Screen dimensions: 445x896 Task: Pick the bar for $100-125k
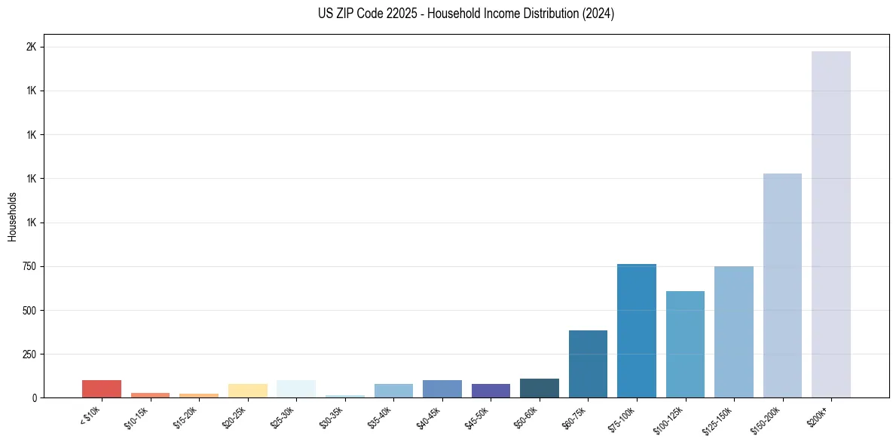point(685,344)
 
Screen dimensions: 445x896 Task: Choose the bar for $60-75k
point(588,364)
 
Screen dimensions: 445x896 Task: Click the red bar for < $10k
point(102,388)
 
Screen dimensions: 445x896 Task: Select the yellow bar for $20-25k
point(247,391)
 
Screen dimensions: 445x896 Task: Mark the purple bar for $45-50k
point(491,391)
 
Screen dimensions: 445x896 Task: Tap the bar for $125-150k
point(733,332)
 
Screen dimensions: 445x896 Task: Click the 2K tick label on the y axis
point(31,47)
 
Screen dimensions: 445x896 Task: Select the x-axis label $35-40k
point(382,417)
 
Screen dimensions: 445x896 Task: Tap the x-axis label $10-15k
point(139,417)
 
